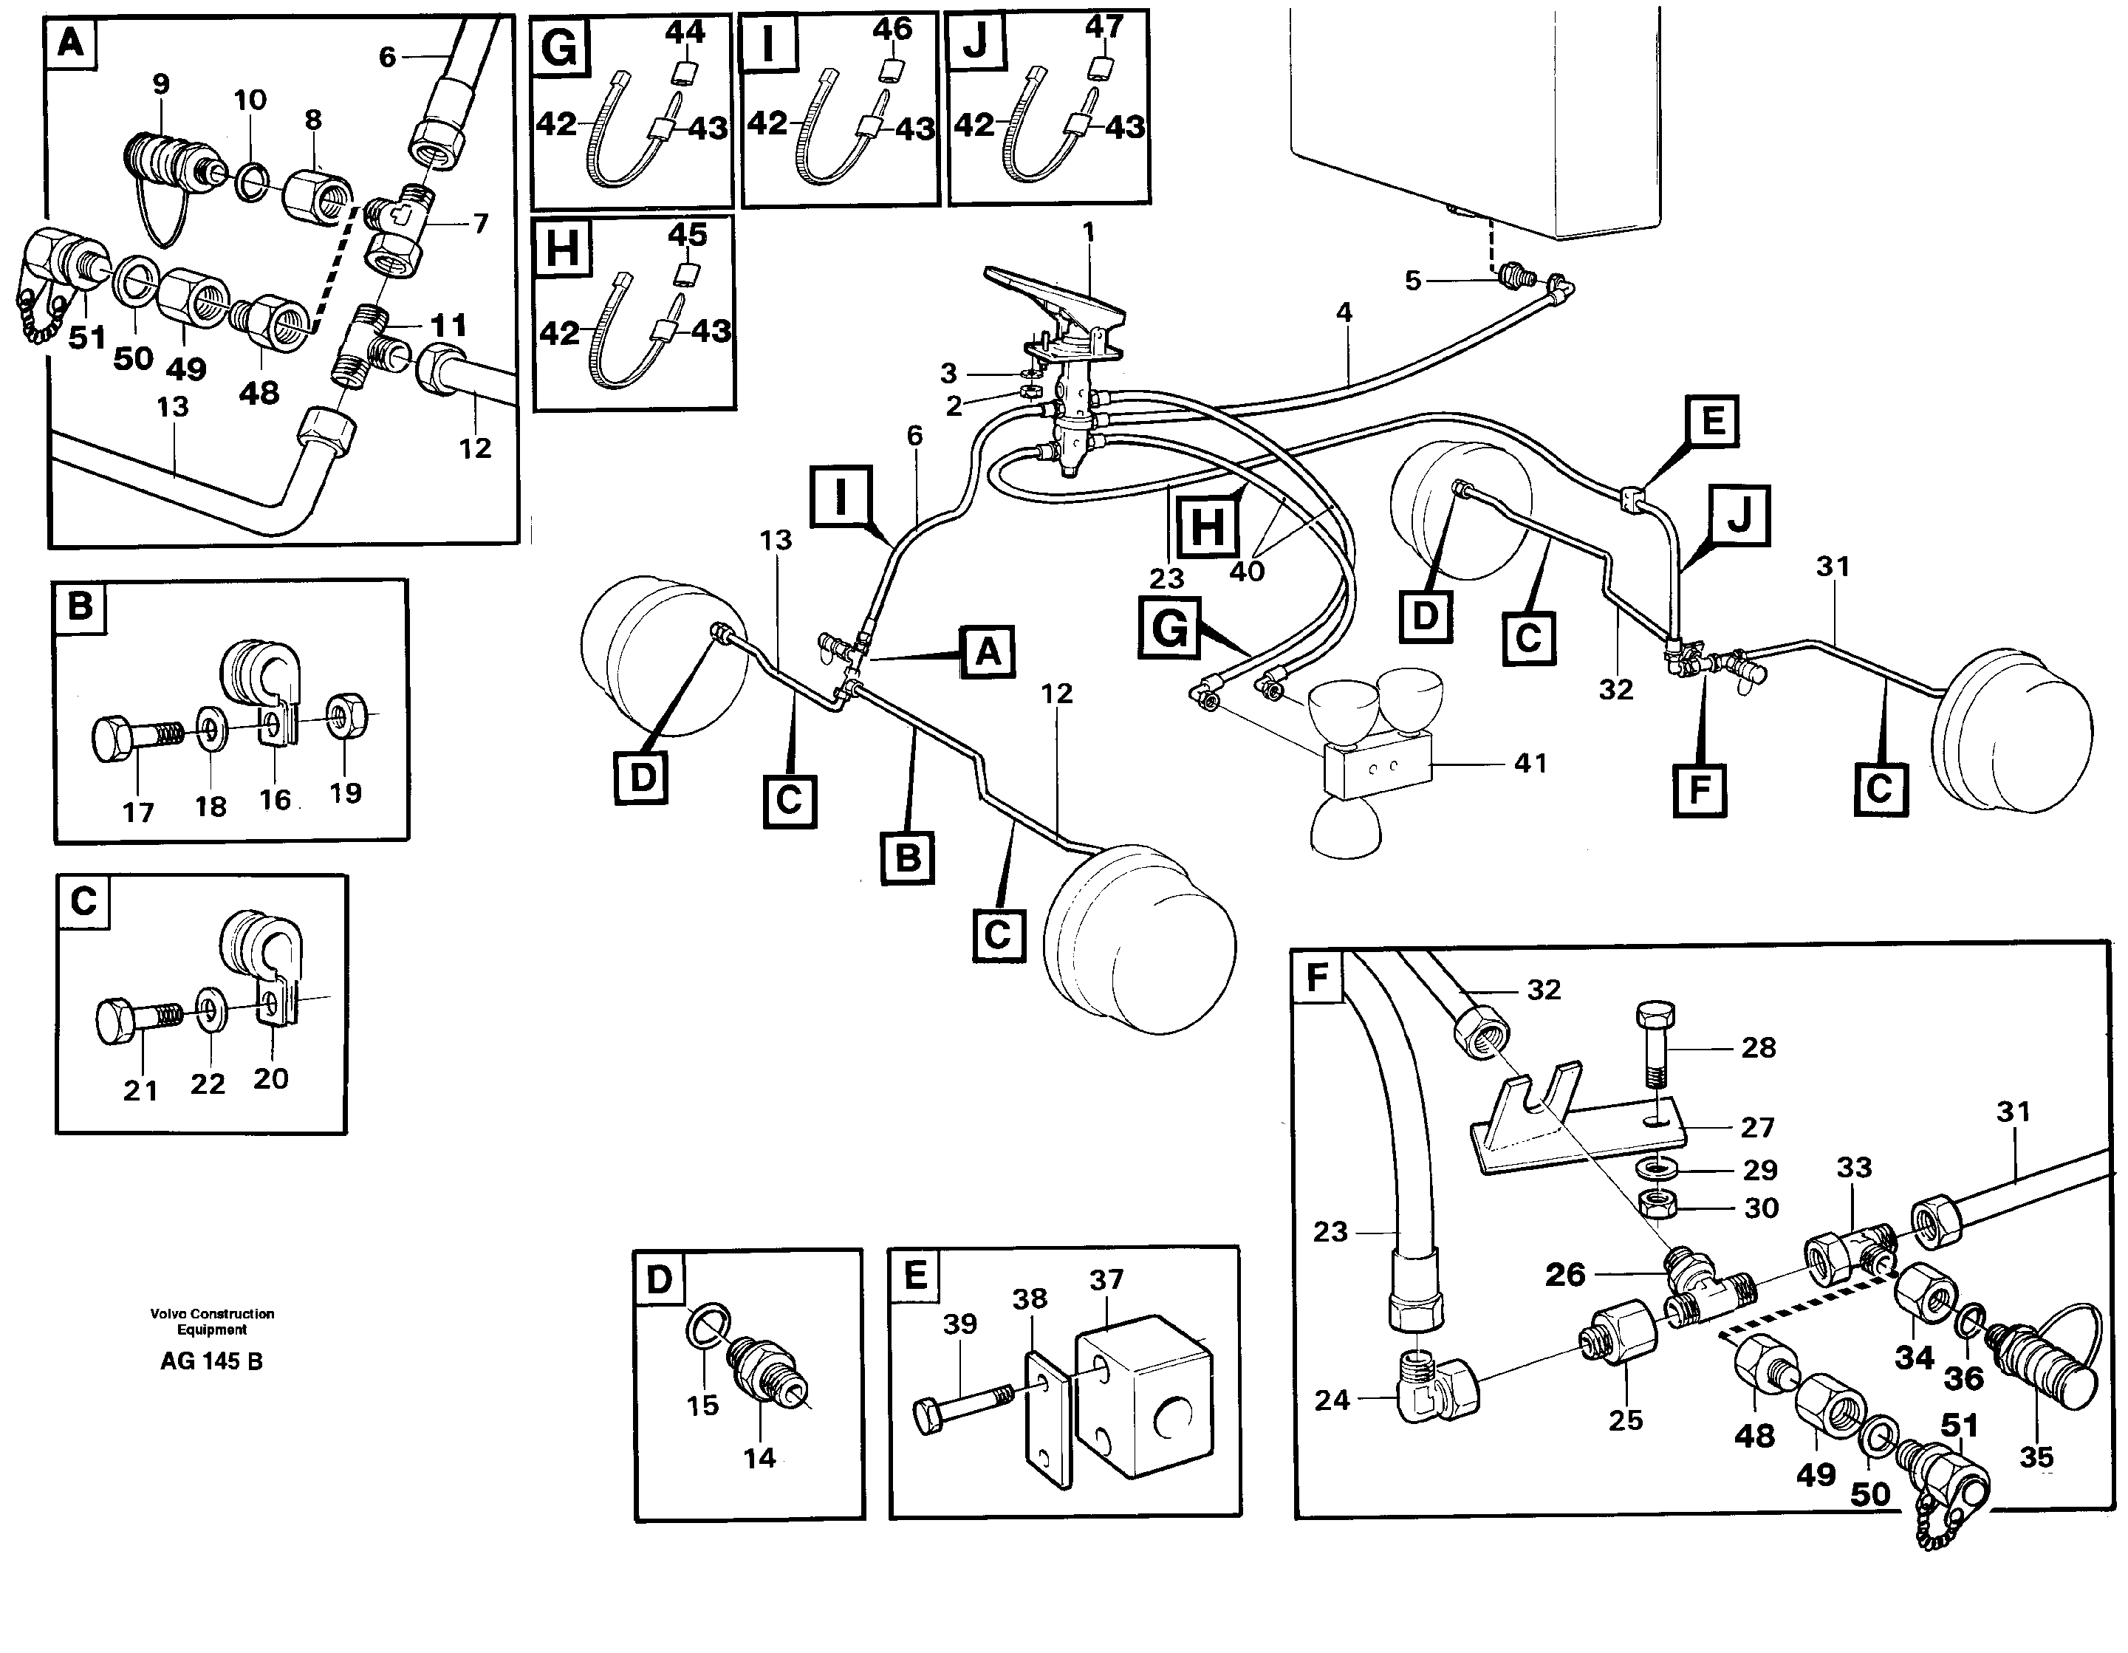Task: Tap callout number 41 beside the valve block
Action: coord(1530,763)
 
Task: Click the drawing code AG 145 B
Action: coord(211,1361)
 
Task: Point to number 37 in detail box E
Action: coord(1106,1279)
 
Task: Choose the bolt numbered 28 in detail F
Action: coord(1654,1043)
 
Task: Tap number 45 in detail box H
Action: coord(687,234)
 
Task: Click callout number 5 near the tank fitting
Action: coord(1413,281)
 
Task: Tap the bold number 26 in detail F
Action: coord(1565,1274)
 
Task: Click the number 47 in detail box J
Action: coord(1104,27)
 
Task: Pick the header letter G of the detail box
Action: coord(559,47)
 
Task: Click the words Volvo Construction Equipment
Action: coord(211,1321)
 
